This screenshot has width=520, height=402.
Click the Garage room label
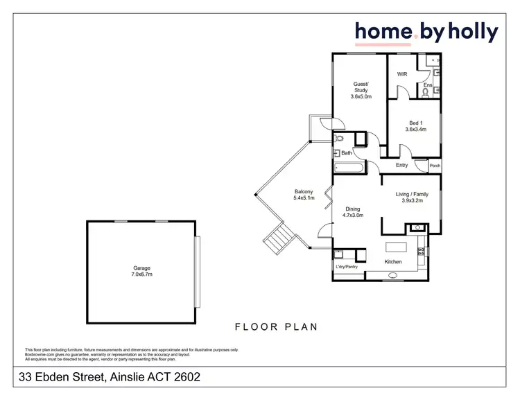pyautogui.click(x=141, y=268)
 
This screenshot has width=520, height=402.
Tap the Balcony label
pyautogui.click(x=304, y=191)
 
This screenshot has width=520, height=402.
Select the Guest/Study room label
pyautogui.click(x=361, y=87)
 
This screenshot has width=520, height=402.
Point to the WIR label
pyautogui.click(x=401, y=74)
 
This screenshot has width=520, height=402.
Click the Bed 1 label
pyautogui.click(x=415, y=123)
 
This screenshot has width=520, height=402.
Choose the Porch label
pyautogui.click(x=435, y=166)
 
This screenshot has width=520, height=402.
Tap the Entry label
pyautogui.click(x=401, y=165)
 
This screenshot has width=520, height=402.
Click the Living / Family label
pyautogui.click(x=412, y=194)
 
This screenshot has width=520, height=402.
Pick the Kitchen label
pyautogui.click(x=394, y=261)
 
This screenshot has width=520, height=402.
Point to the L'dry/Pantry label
pyautogui.click(x=346, y=267)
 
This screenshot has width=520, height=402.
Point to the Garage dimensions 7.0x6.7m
pyautogui.click(x=141, y=274)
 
